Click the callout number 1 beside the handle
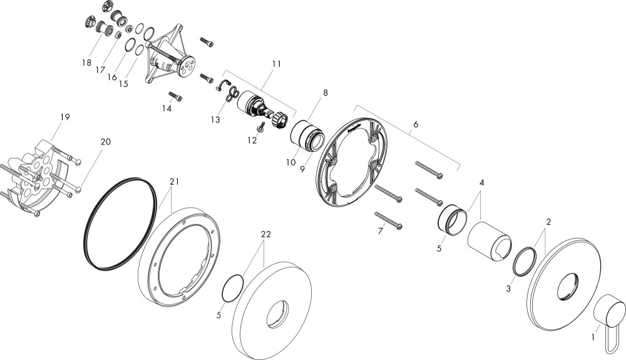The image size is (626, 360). [593, 337]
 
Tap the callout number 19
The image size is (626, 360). [64, 117]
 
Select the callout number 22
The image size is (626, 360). [265, 234]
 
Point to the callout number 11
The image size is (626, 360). [277, 64]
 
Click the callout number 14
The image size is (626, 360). [167, 108]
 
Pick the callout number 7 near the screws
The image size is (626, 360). [380, 230]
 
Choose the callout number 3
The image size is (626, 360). [508, 289]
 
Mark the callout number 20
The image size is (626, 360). [106, 141]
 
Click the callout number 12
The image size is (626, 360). [252, 140]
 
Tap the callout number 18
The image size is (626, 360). [86, 63]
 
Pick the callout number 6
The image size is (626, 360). [416, 124]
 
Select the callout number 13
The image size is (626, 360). [215, 120]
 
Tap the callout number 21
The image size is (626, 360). [174, 182]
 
